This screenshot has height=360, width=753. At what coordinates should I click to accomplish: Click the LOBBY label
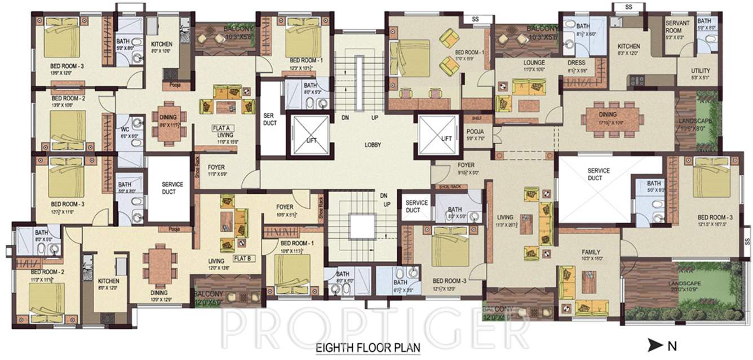tap(373, 145)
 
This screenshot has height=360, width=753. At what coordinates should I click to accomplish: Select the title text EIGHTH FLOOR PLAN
tap(367, 348)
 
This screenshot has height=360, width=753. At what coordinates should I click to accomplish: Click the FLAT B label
tap(242, 259)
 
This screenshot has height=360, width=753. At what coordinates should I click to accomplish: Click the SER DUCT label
tap(268, 119)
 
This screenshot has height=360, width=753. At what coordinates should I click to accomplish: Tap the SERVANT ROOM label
tap(677, 26)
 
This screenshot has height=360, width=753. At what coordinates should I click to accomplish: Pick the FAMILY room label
tap(591, 252)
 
